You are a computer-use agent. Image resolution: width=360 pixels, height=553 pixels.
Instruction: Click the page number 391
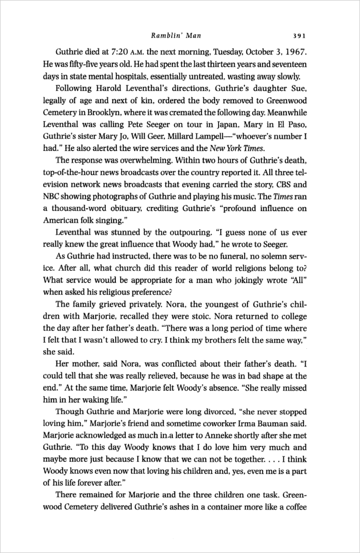(299, 36)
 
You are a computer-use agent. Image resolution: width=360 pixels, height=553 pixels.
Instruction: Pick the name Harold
(111, 88)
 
